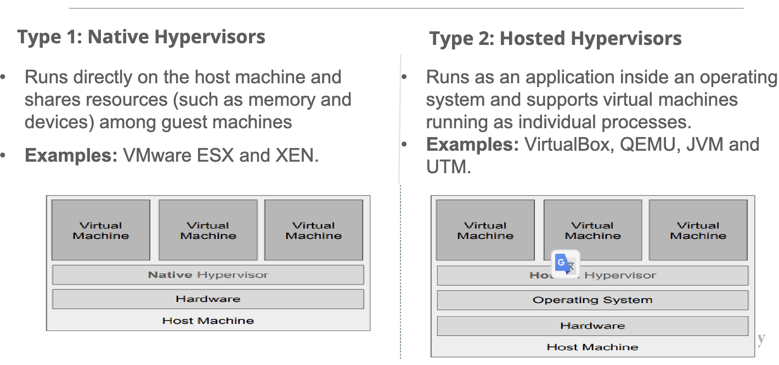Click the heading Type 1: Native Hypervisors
coord(141,37)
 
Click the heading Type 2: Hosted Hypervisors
coord(555,39)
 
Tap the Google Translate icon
coord(565,265)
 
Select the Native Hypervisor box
coord(208,275)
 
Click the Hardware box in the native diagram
coord(208,299)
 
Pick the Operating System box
coord(592,300)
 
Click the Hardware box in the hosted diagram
coord(592,326)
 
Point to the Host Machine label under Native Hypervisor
coord(208,321)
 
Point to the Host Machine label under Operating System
coord(592,347)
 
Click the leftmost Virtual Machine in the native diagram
coord(101,230)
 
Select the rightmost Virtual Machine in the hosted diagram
coord(698,230)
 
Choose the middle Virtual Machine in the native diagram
coord(208,230)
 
